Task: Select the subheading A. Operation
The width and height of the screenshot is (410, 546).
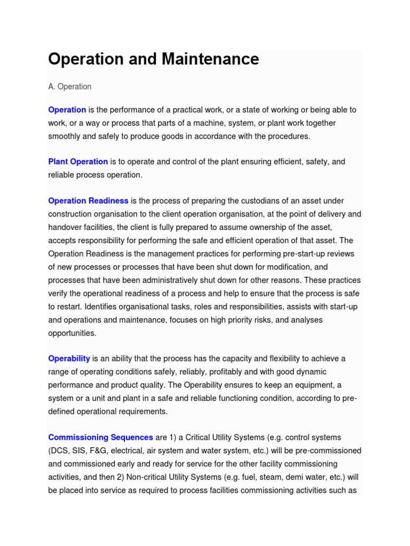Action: [69, 86]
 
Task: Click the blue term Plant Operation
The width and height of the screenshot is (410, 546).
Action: [78, 162]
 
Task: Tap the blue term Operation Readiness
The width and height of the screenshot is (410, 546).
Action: [88, 201]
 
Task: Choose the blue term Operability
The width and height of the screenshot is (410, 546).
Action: [69, 358]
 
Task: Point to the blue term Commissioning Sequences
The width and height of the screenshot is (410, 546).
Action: [100, 437]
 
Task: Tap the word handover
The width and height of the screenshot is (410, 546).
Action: [64, 227]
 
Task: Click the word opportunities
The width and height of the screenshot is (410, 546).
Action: [72, 333]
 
